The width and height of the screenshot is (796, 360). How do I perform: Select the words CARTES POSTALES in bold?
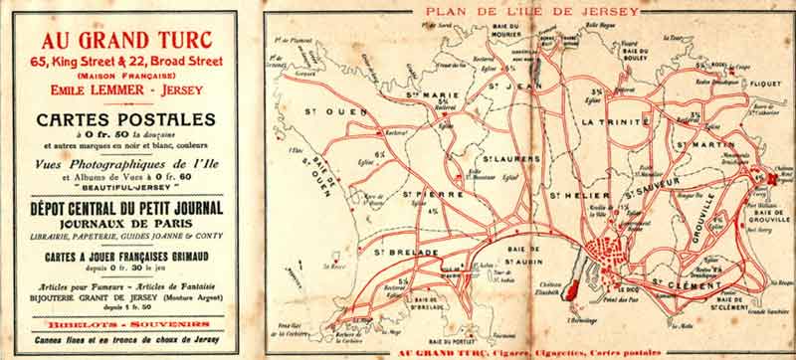click(124, 119)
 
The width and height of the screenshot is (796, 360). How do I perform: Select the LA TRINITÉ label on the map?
click(616, 121)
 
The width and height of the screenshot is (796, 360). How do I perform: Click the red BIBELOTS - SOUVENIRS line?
click(124, 323)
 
